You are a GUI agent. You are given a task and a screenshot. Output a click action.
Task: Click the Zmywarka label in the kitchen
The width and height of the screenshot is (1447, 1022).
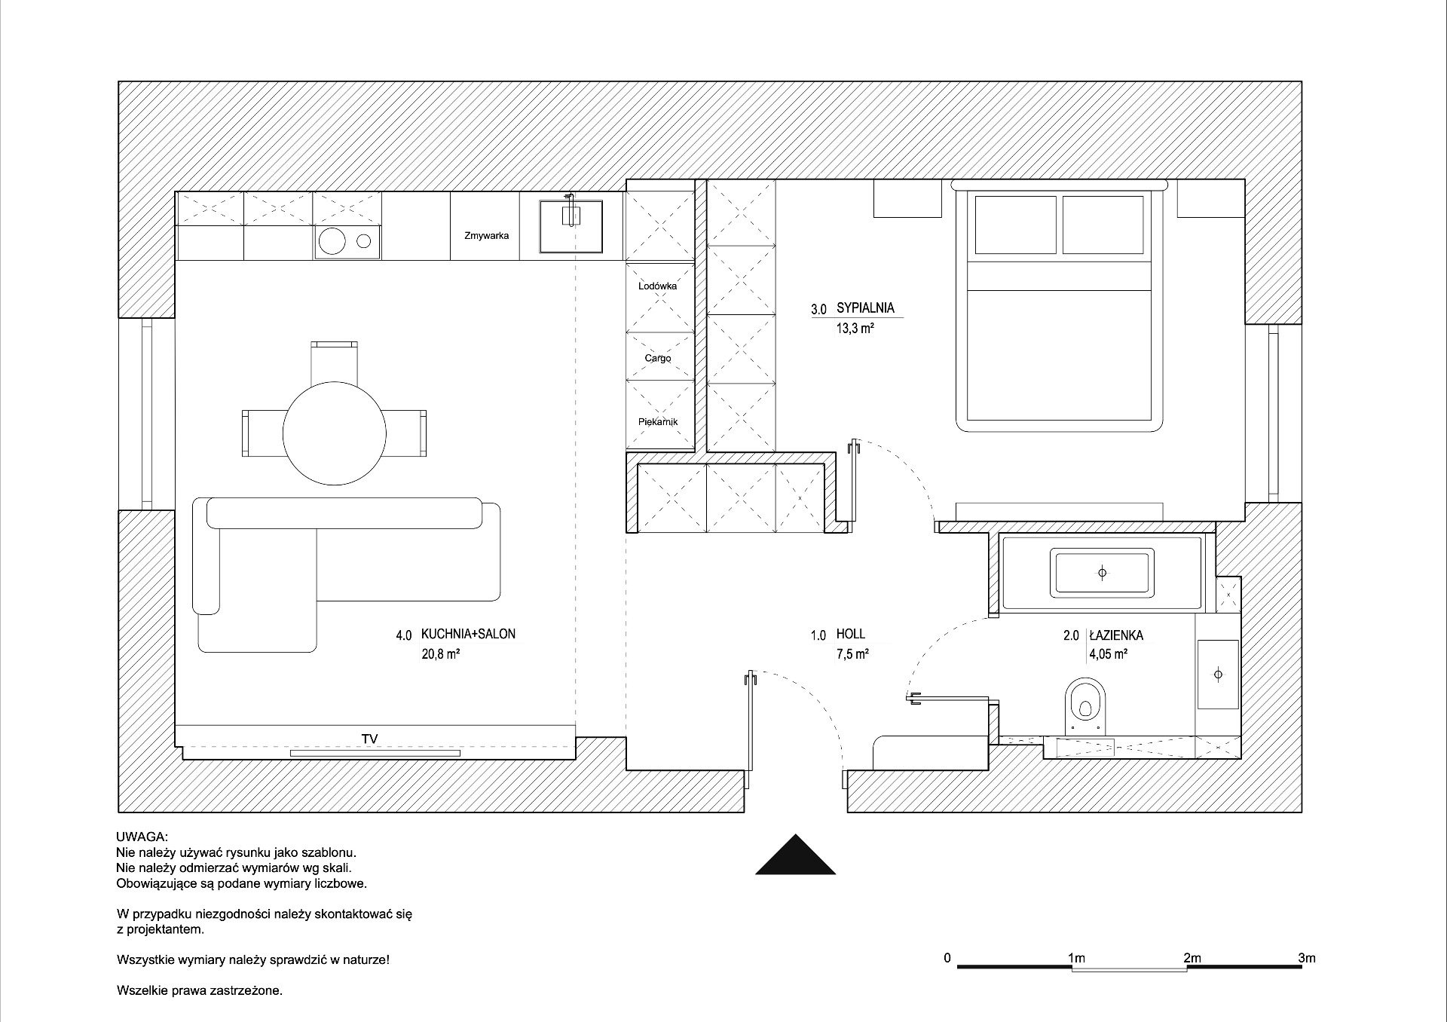coord(486,236)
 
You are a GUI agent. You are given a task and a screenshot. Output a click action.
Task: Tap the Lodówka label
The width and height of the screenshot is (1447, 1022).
coord(657,286)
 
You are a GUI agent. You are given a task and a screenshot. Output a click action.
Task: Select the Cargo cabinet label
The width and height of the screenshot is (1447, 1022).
coord(658,358)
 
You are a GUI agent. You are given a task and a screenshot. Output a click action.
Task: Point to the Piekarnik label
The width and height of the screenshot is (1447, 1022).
coord(658,422)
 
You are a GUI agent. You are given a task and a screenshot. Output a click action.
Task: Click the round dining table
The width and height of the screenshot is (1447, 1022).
coord(335,433)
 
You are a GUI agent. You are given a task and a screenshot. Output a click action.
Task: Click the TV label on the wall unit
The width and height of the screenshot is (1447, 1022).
coord(369,739)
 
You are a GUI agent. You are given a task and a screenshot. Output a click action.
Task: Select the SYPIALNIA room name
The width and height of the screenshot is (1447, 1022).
coord(865,308)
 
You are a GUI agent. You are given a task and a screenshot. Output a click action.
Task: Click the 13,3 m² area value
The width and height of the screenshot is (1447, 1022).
coord(855,329)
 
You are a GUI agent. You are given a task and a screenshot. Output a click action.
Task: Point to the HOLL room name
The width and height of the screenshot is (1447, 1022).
coord(851,635)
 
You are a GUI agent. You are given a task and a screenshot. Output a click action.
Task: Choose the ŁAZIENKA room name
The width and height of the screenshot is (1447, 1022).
coord(1116,635)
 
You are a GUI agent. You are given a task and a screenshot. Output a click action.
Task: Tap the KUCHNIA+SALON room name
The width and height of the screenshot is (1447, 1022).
coord(468,635)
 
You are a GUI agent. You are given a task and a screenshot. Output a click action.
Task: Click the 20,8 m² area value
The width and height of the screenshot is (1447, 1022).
coord(441,654)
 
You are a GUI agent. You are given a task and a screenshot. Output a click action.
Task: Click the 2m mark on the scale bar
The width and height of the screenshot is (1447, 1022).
coord(1192,958)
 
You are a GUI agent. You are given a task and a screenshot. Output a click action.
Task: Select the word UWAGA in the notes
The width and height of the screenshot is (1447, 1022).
coord(142,837)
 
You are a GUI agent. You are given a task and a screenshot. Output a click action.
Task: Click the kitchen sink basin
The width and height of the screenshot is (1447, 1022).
coord(572,226)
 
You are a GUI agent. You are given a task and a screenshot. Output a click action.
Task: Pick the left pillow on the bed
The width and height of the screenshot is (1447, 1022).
coord(1016,225)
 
